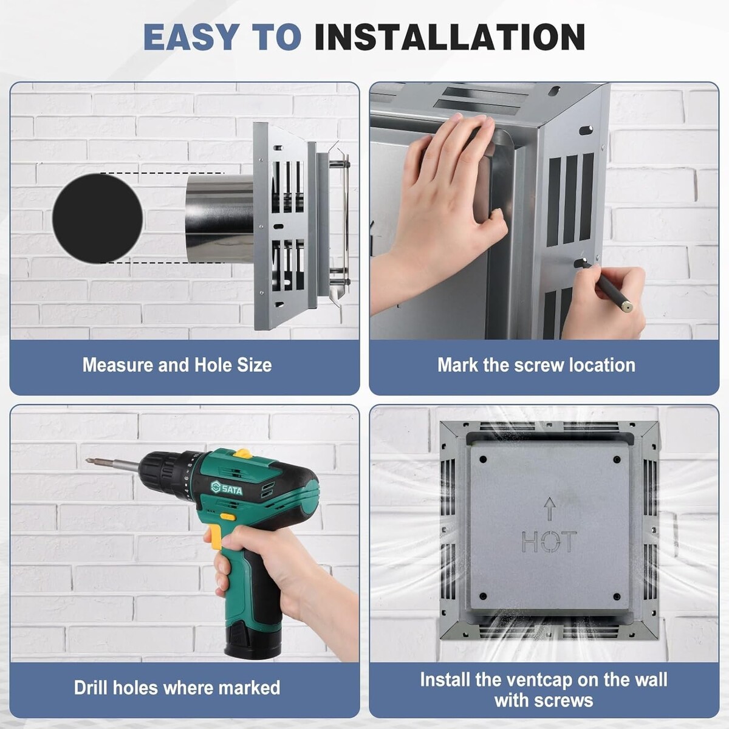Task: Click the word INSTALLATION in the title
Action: pyautogui.click(x=450, y=37)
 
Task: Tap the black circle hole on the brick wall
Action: pyautogui.click(x=98, y=218)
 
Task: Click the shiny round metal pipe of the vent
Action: pyautogui.click(x=219, y=219)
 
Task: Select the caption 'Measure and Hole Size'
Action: pyautogui.click(x=177, y=366)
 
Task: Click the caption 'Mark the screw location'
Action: pyautogui.click(x=536, y=366)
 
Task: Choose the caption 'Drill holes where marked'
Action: pyautogui.click(x=177, y=687)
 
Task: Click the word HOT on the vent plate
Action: pyautogui.click(x=549, y=541)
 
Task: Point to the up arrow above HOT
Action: pyautogui.click(x=550, y=508)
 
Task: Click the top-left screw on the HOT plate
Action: pyautogui.click(x=483, y=460)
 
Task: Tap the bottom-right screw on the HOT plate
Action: pyautogui.click(x=617, y=597)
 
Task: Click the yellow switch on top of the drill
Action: pyautogui.click(x=243, y=453)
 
